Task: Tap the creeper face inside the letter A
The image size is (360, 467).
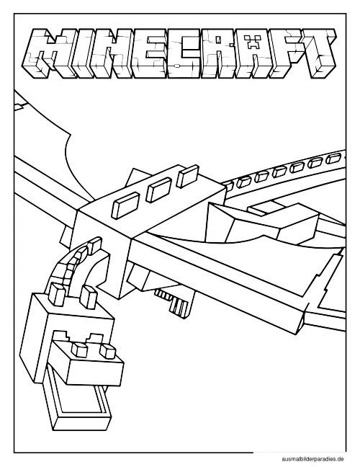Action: (x=253, y=43)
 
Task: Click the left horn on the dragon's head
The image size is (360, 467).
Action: (x=59, y=293)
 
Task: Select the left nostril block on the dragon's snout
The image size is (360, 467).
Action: (x=79, y=350)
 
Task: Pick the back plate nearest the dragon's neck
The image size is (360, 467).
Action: (x=125, y=205)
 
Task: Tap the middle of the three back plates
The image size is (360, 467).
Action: (x=159, y=190)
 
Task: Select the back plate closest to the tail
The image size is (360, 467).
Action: (x=187, y=176)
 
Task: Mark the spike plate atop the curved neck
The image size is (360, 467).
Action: (x=96, y=246)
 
